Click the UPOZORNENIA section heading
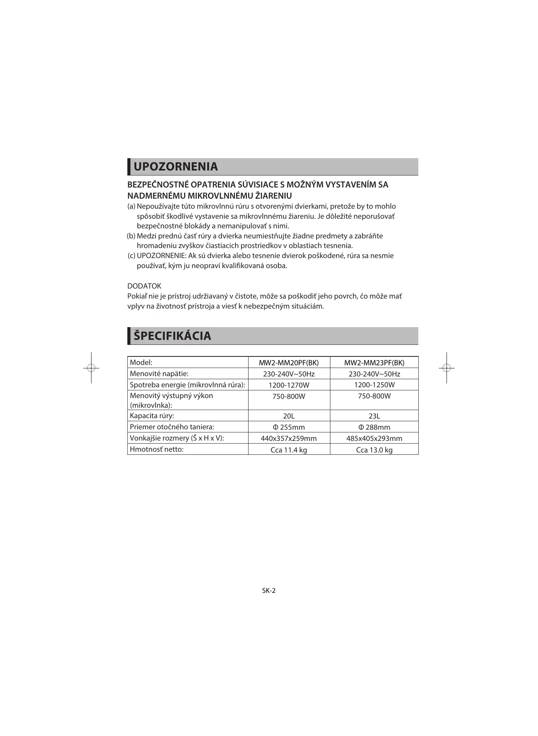coord(176,167)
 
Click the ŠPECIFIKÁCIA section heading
coord(172,336)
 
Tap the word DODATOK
coord(144,286)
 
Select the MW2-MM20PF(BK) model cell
coord(289,363)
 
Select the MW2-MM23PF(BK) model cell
coord(374,363)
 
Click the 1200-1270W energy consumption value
coord(289,385)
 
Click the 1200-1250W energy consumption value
coord(374,385)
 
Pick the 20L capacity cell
coord(289,416)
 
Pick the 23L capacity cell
coord(374,416)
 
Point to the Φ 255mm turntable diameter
coord(289,427)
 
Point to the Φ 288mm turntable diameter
coord(374,427)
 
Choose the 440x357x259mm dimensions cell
coord(289,438)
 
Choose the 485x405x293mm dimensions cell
coord(374,438)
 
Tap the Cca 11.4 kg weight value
coord(289,450)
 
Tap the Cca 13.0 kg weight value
coord(374,450)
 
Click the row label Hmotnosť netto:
coord(157,449)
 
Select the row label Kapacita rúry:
coord(152,415)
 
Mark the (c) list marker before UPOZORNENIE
coord(132,256)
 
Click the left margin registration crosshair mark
coord(91,368)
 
